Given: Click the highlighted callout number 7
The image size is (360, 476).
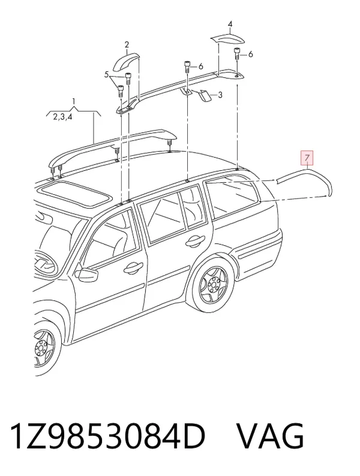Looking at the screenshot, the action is pyautogui.click(x=307, y=158).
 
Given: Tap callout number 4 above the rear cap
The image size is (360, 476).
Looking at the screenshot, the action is pyautogui.click(x=230, y=23).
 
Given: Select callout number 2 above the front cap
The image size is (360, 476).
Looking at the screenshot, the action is pyautogui.click(x=127, y=45).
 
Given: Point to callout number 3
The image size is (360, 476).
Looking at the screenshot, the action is pyautogui.click(x=220, y=95).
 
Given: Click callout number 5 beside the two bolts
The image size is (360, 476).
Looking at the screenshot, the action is pyautogui.click(x=106, y=74).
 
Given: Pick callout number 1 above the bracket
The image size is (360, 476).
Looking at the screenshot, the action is pyautogui.click(x=73, y=101).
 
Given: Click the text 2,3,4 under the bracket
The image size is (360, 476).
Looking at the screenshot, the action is pyautogui.click(x=62, y=117).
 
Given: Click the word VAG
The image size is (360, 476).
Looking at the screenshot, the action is pyautogui.click(x=270, y=437).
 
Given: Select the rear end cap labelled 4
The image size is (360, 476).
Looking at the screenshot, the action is pyautogui.click(x=227, y=38).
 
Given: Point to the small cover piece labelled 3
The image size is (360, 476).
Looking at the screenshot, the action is pyautogui.click(x=203, y=95).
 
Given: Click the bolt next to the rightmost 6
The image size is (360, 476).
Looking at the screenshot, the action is pyautogui.click(x=236, y=54).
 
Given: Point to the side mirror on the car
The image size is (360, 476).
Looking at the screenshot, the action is pyautogui.click(x=88, y=273).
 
